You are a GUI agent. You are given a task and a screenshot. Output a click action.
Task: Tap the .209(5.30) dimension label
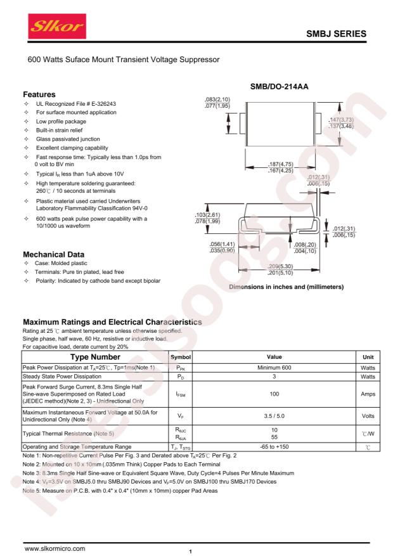click(280, 266)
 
